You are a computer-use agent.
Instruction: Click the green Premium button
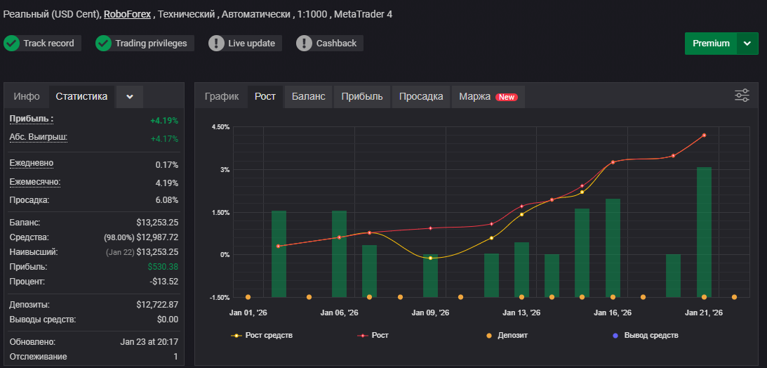(x=711, y=44)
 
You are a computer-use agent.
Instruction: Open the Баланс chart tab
(x=308, y=96)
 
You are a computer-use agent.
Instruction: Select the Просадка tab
(x=421, y=96)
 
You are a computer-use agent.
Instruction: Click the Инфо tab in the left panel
(x=27, y=96)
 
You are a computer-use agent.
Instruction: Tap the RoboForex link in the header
(x=127, y=14)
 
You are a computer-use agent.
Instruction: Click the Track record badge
(x=42, y=43)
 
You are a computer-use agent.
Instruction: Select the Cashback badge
(x=329, y=43)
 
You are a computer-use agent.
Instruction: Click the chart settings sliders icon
(x=742, y=96)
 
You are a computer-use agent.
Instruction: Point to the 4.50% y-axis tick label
(x=220, y=127)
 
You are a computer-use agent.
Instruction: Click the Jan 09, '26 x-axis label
(x=431, y=313)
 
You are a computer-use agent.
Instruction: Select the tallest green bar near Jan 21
(x=704, y=232)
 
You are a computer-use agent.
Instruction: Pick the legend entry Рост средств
(x=262, y=335)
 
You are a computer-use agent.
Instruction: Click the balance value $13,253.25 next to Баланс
(x=157, y=223)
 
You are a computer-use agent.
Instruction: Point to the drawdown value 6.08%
(x=167, y=200)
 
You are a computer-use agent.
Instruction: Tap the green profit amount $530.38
(x=163, y=267)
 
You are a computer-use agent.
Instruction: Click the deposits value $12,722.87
(x=157, y=304)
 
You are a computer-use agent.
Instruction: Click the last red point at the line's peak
(x=704, y=135)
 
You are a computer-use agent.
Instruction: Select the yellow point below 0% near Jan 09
(x=430, y=258)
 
